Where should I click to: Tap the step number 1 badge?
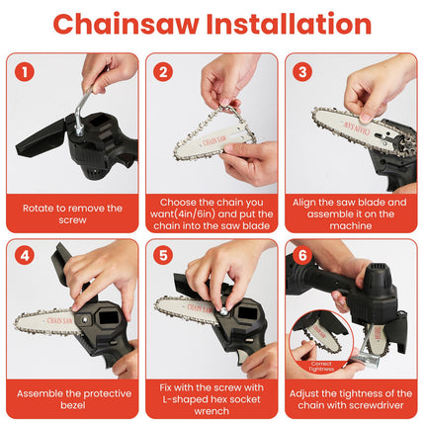26,71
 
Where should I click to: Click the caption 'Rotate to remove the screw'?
72,213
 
